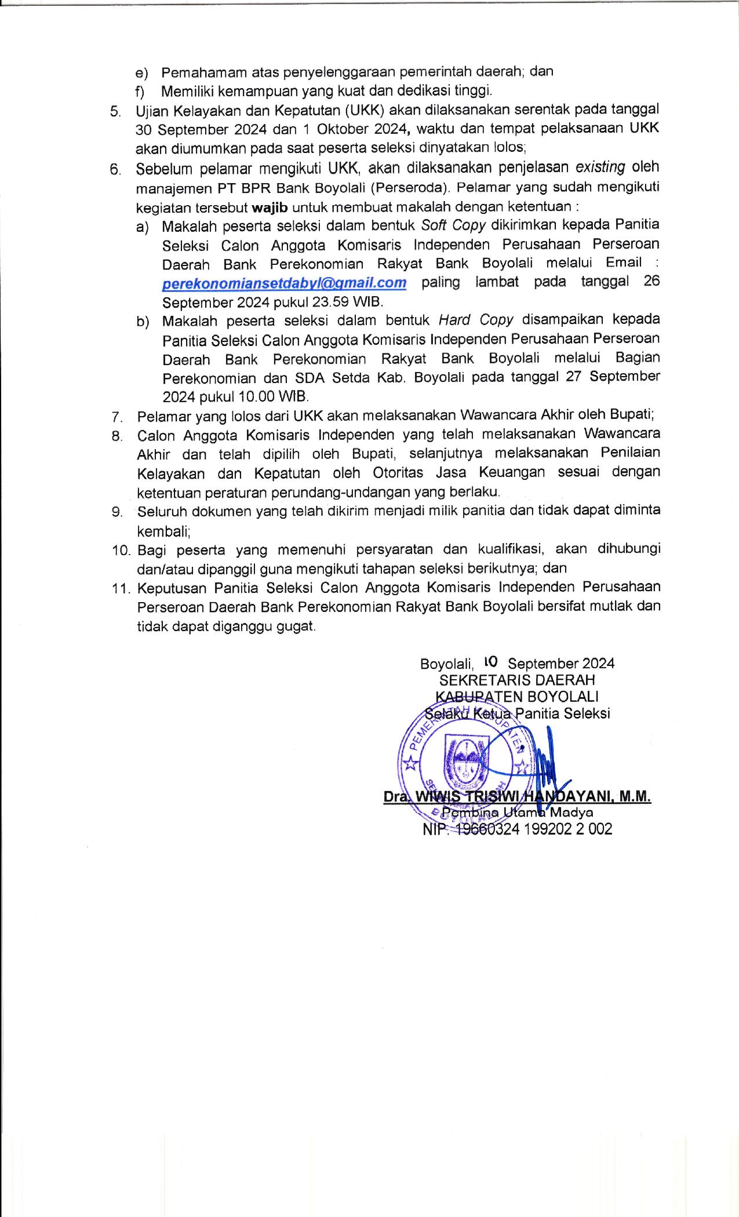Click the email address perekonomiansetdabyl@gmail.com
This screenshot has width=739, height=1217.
point(284,283)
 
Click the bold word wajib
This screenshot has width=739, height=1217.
point(271,207)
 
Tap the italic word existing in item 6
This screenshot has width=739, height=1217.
point(600,167)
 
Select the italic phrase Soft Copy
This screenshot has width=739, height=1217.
point(454,224)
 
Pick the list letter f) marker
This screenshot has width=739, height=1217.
point(140,92)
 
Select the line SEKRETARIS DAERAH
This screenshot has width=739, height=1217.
point(517,680)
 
